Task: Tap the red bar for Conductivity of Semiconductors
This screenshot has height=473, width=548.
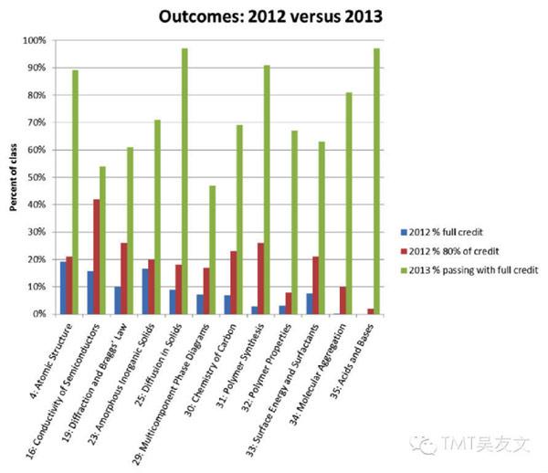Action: pyautogui.click(x=97, y=256)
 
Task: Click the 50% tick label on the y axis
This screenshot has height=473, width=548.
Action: pyautogui.click(x=40, y=177)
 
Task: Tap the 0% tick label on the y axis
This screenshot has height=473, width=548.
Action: pyautogui.click(x=43, y=314)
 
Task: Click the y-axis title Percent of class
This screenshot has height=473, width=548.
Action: pyautogui.click(x=14, y=177)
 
